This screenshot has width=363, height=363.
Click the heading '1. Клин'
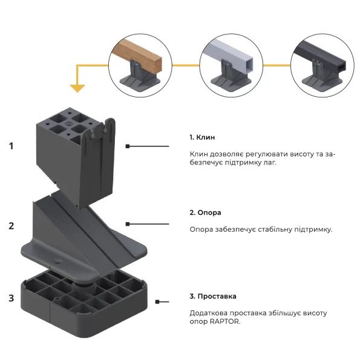tap(202, 137)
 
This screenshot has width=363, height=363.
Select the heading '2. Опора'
tap(205, 212)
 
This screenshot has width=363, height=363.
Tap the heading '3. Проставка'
tap(213, 296)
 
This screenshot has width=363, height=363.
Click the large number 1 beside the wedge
tap(11, 146)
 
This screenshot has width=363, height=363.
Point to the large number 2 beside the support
tap(11, 226)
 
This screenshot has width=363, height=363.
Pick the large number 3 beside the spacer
tap(11, 298)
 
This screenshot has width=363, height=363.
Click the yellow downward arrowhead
tap(77, 88)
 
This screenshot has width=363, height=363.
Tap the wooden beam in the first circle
tap(137, 55)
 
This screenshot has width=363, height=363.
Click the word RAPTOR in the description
tap(224, 322)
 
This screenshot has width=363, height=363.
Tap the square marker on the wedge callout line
tap(128, 146)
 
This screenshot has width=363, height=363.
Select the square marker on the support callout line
tap(128, 224)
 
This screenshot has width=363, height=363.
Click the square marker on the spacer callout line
tap(157, 302)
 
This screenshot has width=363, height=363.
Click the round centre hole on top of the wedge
tap(69, 123)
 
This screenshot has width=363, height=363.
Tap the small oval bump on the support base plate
tap(57, 261)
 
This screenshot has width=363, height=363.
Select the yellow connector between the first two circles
tap(186, 65)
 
